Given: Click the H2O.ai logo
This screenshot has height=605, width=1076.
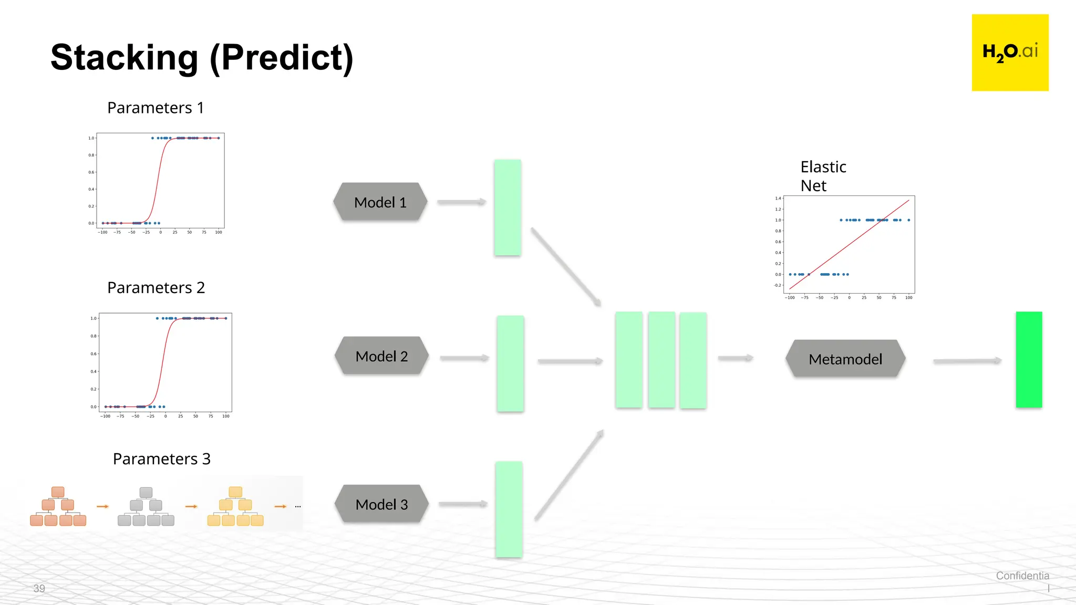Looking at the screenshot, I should click(1010, 53).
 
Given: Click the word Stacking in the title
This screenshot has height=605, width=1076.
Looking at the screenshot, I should click(124, 58).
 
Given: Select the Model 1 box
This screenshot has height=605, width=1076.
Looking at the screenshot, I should click(380, 202).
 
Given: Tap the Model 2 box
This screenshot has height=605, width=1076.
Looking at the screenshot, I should click(381, 356).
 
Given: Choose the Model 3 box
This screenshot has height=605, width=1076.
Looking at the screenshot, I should click(381, 504).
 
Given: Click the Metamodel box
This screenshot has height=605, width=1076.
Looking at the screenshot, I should click(845, 359).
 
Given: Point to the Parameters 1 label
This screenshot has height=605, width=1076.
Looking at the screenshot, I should click(155, 108).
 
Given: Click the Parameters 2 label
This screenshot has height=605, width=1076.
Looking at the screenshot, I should click(156, 288).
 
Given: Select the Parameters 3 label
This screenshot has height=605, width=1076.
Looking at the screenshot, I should click(161, 459).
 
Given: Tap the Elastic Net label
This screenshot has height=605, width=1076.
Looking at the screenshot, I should click(823, 176).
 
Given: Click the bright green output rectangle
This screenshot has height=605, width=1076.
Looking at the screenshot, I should click(1028, 359).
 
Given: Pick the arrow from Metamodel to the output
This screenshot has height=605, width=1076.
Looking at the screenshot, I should click(967, 361).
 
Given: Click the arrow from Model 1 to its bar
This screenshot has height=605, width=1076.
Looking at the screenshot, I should click(461, 202).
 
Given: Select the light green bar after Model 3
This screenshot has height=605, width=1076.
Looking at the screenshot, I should click(509, 509).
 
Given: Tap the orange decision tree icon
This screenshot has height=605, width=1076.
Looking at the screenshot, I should click(58, 506).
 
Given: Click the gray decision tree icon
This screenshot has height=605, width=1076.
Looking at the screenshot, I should click(146, 506).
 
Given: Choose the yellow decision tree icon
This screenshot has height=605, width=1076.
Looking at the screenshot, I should click(235, 506).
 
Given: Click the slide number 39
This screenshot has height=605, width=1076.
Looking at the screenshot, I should click(39, 588).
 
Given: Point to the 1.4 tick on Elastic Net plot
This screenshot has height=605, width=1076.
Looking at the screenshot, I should click(778, 199).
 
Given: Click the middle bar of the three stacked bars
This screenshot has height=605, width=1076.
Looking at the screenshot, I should click(661, 360).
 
